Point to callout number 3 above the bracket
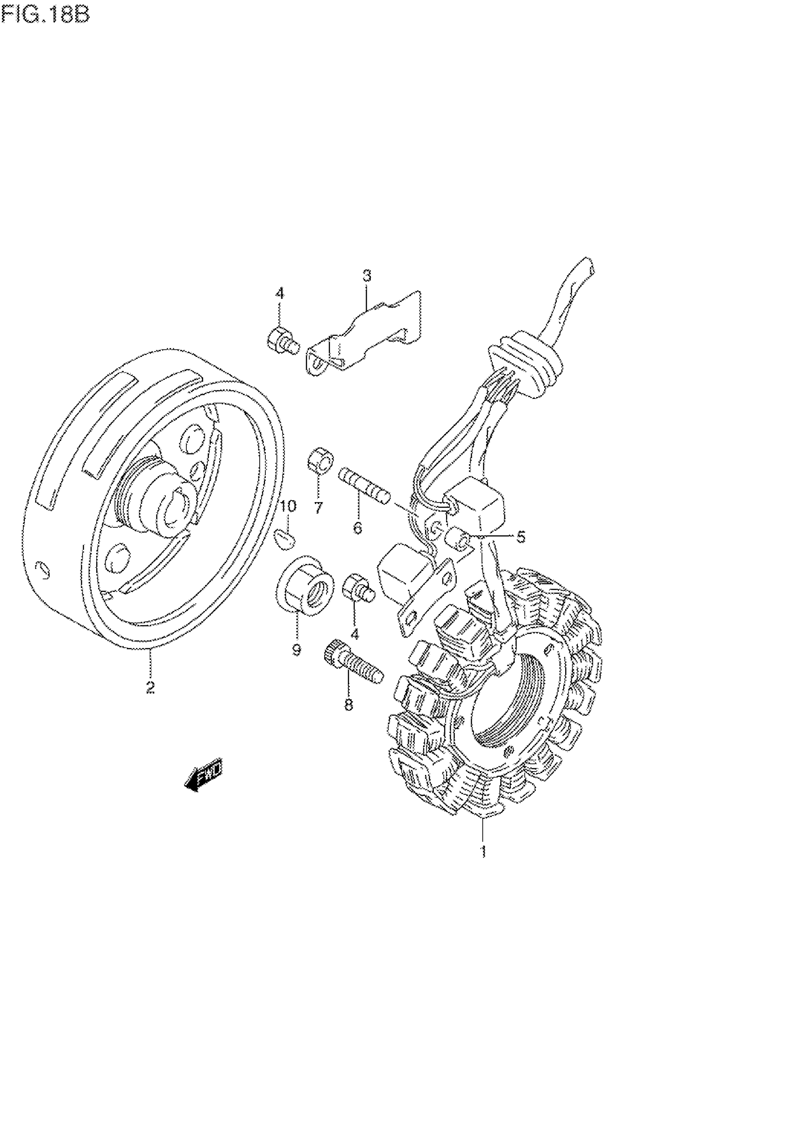click(367, 276)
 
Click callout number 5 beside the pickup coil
click(520, 537)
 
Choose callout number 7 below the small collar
click(319, 507)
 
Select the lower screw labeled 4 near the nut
click(360, 588)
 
